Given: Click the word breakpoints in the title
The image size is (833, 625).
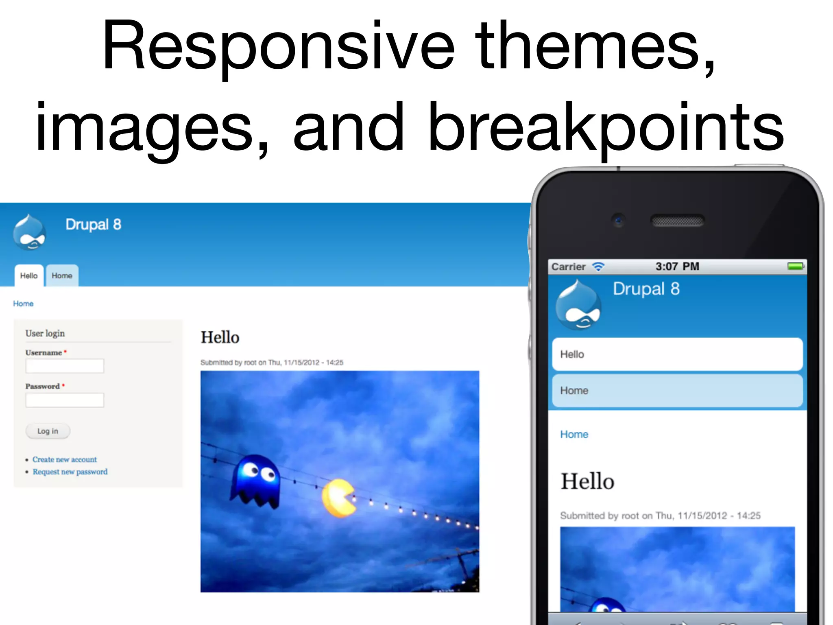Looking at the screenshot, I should [x=606, y=128].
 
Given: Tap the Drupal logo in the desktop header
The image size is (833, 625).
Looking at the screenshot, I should [x=29, y=232].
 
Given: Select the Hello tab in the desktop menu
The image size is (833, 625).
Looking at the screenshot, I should [x=29, y=275].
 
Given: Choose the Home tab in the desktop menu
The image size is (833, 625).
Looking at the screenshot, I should [x=62, y=275].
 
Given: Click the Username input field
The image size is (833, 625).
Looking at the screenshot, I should [x=65, y=366].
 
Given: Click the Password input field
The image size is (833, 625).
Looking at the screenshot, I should [x=65, y=400].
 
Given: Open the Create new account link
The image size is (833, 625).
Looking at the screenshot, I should [x=65, y=459].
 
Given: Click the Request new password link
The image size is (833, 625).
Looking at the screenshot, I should [x=70, y=472].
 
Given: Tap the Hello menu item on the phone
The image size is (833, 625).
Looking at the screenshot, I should [x=677, y=354].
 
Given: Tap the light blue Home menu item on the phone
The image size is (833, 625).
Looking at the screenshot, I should [x=677, y=391].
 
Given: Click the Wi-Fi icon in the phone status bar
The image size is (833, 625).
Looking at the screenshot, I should [x=598, y=267].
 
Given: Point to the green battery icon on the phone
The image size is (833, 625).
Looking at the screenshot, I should [x=796, y=266].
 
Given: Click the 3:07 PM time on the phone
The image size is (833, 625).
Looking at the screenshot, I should [x=677, y=267].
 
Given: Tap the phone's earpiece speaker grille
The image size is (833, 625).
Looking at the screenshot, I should [x=677, y=221].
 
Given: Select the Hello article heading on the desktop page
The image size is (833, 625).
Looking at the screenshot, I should [x=220, y=337].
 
